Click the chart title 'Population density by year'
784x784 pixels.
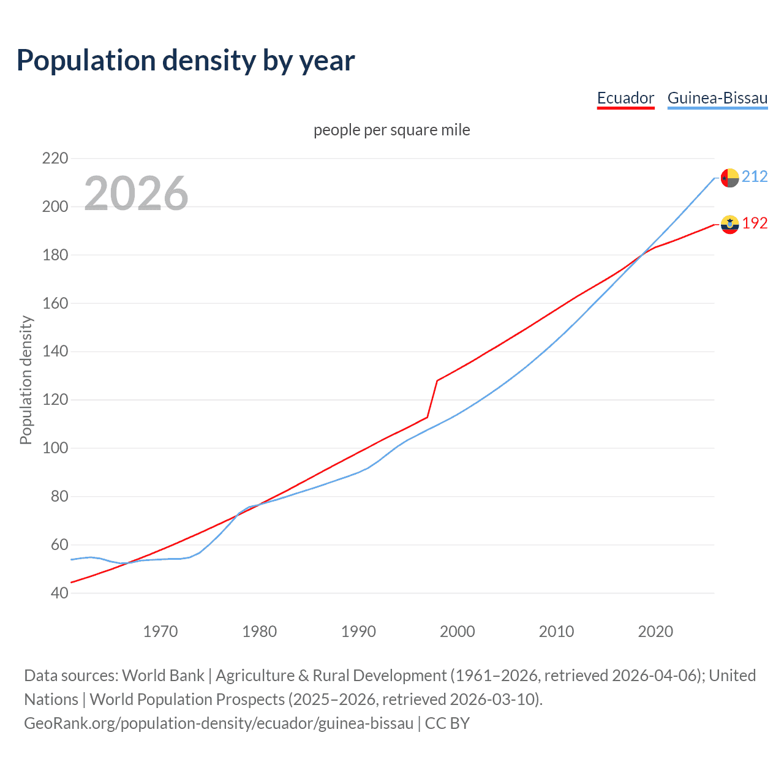tap(186, 61)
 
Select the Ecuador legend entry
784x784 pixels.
tap(625, 98)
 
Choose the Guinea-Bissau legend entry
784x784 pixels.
tap(717, 98)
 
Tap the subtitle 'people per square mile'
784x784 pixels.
tap(392, 130)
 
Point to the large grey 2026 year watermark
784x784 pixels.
tap(136, 194)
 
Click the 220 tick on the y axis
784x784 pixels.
tap(55, 159)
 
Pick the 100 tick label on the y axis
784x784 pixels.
tap(55, 448)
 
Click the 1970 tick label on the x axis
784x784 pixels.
tap(160, 631)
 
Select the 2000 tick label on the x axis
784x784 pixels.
tap(458, 631)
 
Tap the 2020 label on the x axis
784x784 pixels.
tap(655, 631)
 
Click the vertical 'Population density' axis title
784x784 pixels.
tap(26, 380)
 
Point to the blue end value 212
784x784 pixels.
tap(755, 177)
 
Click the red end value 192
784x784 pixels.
tap(755, 224)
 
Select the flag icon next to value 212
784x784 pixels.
tap(729, 178)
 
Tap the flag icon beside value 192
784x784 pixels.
tap(729, 224)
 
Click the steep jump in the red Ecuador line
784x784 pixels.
tap(432, 399)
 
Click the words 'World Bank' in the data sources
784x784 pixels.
tap(163, 676)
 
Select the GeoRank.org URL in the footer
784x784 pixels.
tap(219, 723)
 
